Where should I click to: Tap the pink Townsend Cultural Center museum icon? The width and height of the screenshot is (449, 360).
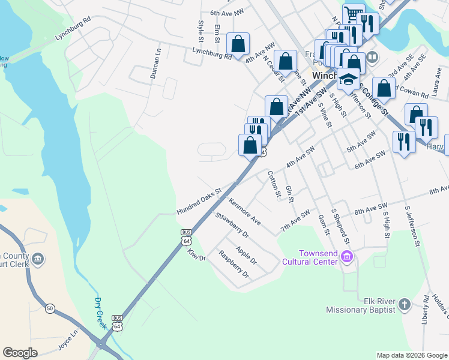(x=346, y=257)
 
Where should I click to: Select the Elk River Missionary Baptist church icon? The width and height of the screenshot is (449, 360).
(x=403, y=304)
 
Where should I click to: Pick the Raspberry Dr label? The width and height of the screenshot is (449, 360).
(x=234, y=264)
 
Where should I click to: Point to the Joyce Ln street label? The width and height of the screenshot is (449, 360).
(x=68, y=340)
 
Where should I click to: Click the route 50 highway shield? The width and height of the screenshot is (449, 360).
(x=50, y=308)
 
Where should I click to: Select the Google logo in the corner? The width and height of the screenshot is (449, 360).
(x=20, y=353)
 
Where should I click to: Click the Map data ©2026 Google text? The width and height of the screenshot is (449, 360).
(x=411, y=355)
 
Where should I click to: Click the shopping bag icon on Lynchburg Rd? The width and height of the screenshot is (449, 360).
(x=238, y=44)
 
